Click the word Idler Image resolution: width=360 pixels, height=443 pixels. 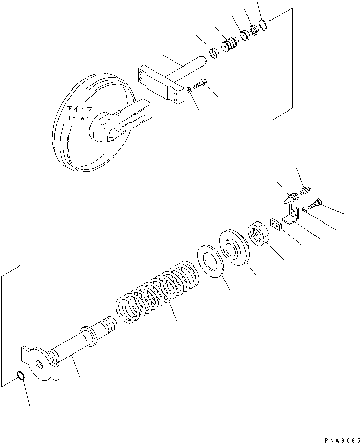[x=78, y=118]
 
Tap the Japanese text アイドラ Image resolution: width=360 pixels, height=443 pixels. [x=80, y=109]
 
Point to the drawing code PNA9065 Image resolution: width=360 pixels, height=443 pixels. [x=342, y=440]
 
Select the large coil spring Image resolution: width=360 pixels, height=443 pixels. [x=157, y=292]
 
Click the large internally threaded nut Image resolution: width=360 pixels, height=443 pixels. [x=258, y=233]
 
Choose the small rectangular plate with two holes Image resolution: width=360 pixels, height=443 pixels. [x=276, y=224]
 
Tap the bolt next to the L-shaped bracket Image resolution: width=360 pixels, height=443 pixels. [x=315, y=204]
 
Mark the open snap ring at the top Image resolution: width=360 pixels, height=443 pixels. [x=263, y=25]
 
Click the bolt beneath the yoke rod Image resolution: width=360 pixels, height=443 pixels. [x=199, y=83]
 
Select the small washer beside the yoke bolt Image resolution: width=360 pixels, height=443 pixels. [x=189, y=91]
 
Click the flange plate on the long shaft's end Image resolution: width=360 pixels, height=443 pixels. [x=40, y=363]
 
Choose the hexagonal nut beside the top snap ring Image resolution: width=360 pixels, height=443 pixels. [x=254, y=30]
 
